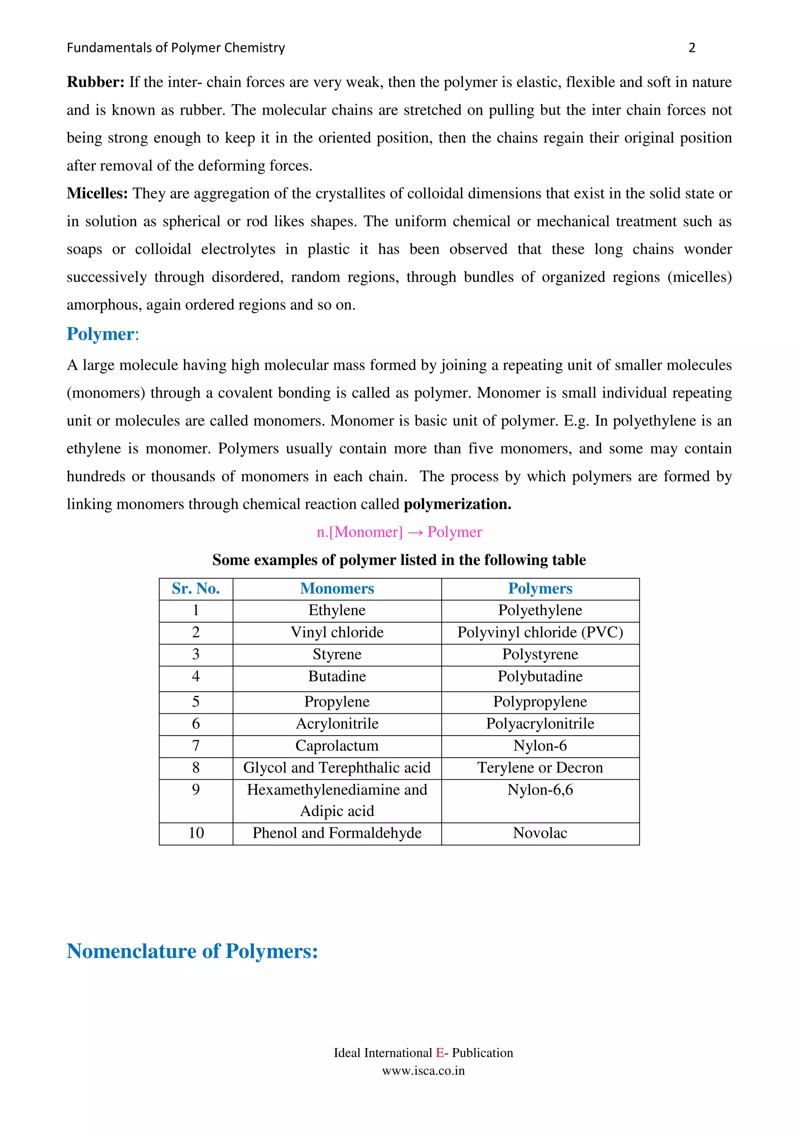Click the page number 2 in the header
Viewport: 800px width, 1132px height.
point(691,48)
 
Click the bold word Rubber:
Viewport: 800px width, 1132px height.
point(96,82)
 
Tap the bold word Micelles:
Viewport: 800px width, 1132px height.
point(97,193)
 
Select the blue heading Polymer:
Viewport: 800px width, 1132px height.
point(102,334)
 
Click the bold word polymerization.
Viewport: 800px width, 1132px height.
point(457,504)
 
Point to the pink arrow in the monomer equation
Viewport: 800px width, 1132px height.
point(415,532)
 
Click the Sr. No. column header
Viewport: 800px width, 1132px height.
point(196,589)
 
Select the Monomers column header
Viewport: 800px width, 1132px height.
point(337,589)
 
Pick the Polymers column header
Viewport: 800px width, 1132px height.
point(540,589)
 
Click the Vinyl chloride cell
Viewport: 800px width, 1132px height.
point(337,632)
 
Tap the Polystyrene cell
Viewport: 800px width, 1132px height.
point(540,654)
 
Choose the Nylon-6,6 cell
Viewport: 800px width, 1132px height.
point(540,790)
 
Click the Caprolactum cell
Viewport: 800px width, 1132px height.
point(337,746)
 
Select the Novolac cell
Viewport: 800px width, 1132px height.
point(540,833)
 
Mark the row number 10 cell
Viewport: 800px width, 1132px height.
point(196,833)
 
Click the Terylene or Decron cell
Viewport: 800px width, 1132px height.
point(540,768)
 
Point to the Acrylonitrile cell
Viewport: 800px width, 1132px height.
point(337,724)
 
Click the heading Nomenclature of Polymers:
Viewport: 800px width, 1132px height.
point(192,951)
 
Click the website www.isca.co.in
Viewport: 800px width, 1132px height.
point(423,1071)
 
